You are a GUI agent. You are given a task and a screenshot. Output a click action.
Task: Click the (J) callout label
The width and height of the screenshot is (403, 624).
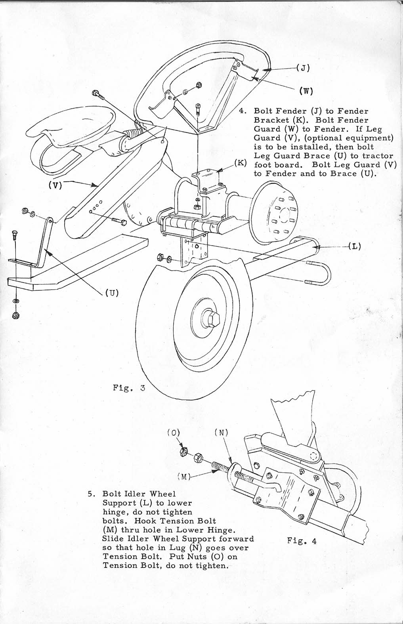point(303,68)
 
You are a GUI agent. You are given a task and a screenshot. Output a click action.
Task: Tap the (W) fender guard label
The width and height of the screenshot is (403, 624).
point(306,91)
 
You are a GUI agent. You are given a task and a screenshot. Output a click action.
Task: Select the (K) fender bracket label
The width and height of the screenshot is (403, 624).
point(240,163)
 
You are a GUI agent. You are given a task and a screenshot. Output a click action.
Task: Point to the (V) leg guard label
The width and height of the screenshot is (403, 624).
point(55,185)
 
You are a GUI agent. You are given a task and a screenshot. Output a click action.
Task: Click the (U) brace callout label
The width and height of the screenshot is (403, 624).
point(112,293)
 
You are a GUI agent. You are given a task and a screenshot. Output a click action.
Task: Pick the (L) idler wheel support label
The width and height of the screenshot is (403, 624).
point(355,246)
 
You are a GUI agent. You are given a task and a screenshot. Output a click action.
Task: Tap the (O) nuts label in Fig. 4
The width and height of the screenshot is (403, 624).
point(174,433)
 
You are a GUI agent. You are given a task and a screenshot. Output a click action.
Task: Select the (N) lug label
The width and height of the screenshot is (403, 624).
point(222,433)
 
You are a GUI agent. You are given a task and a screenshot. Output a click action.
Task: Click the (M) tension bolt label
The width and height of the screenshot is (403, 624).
point(184,477)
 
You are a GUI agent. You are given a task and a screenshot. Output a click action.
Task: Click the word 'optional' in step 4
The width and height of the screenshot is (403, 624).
point(325,138)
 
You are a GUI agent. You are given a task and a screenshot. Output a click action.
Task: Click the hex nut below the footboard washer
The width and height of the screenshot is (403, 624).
point(15,315)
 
